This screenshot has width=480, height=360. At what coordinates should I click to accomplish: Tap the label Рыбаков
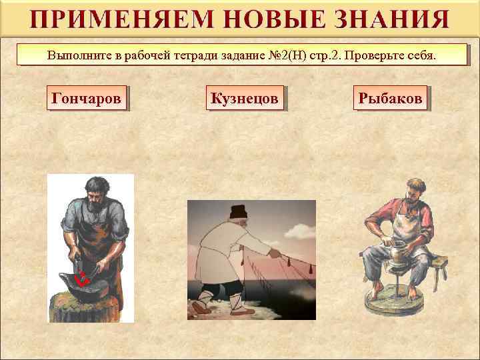pyautogui.click(x=390, y=99)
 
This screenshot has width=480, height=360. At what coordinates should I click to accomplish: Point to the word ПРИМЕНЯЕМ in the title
pyautogui.click(x=109, y=19)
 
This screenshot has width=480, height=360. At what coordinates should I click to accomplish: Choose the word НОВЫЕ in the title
pyautogui.click(x=261, y=19)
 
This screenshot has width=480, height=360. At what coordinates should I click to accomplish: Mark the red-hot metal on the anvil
pyautogui.click(x=83, y=280)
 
